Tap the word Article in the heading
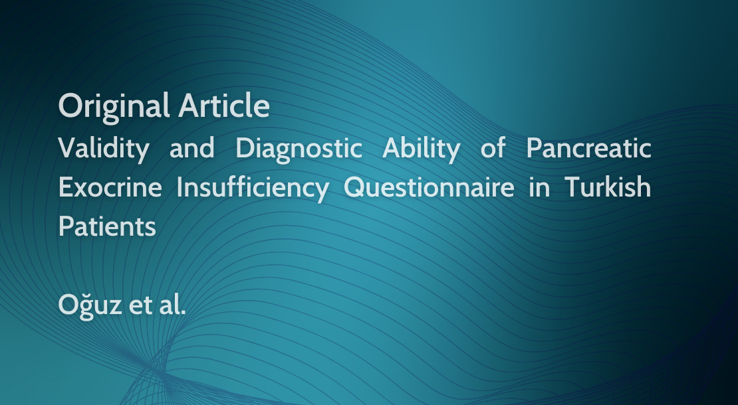point(224,106)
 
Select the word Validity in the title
point(104,149)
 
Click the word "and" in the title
point(192,148)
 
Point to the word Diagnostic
point(299,149)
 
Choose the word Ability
point(422,149)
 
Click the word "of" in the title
point(493,147)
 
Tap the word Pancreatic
point(589,147)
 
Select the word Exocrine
point(110,187)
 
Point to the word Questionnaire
point(429,188)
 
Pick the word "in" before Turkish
point(539,187)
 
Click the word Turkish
point(608,187)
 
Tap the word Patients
point(107,226)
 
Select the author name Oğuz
point(90,306)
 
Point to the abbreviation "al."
point(172,304)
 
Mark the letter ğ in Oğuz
point(86,308)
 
